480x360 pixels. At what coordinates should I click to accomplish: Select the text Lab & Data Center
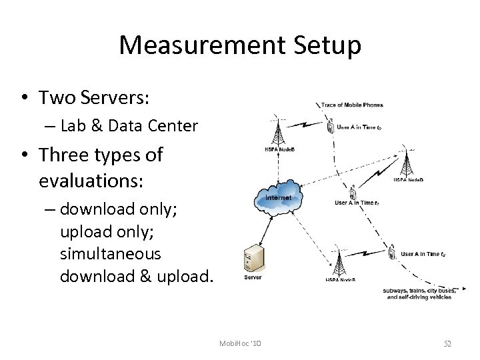coord(129,125)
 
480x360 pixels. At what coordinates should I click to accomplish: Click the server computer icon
coord(252,258)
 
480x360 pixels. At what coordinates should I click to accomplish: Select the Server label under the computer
coord(253,277)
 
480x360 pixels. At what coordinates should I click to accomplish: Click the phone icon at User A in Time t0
coord(331,125)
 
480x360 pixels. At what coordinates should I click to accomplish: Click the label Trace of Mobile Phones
coord(352,105)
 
